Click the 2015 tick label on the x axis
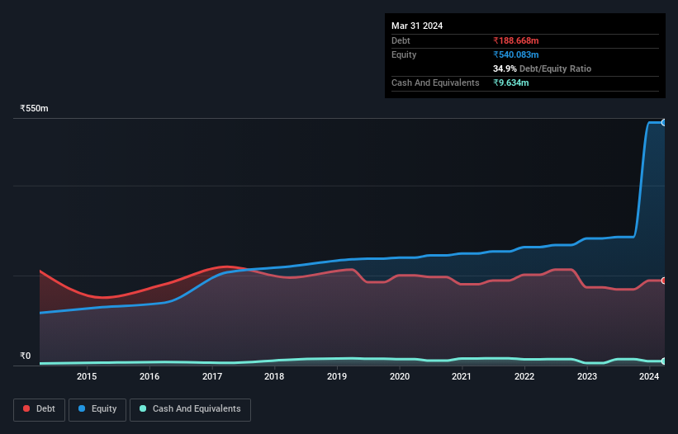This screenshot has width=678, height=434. pos(87,377)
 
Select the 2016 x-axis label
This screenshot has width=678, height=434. pos(149,377)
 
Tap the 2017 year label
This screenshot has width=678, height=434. pos(212,377)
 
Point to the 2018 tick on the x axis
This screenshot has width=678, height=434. pos(274,377)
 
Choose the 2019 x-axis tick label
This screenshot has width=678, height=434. pos(337,377)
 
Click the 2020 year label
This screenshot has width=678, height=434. pos(400,377)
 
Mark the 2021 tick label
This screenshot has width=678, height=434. pos(462,377)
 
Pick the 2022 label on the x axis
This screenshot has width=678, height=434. pos(524,377)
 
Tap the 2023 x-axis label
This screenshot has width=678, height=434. pos(587,377)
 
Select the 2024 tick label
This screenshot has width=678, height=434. pos(649,377)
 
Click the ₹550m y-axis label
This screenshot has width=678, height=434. pos(35,109)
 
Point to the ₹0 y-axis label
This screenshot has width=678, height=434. pos(26,356)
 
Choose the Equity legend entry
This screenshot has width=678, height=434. pos(97,408)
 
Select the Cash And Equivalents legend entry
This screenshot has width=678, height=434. pos(190,408)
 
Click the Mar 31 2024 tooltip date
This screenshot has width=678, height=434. pos(417,26)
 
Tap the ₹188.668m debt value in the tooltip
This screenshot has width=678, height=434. pos(516,40)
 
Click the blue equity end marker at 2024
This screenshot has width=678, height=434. pos(664,122)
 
